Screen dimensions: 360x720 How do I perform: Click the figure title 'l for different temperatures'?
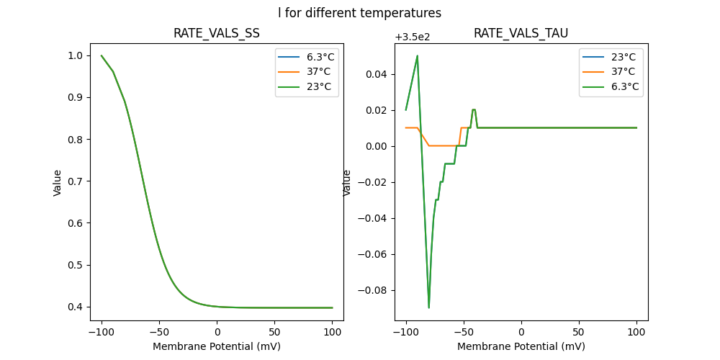click(360, 13)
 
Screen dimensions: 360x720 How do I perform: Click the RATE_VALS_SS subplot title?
click(217, 34)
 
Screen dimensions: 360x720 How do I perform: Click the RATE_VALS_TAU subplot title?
click(521, 34)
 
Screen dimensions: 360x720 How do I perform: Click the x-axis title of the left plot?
click(217, 346)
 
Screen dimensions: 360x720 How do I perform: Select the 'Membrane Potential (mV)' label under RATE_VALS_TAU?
click(521, 346)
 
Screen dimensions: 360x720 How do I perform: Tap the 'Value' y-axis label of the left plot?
click(58, 182)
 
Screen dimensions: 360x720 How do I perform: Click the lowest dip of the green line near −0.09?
click(429, 307)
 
